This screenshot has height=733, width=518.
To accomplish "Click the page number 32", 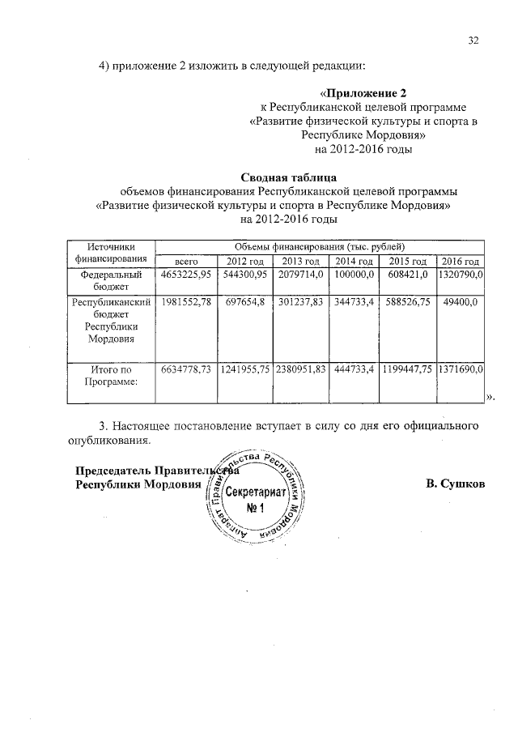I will [473, 40].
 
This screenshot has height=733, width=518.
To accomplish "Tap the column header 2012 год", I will [244, 261].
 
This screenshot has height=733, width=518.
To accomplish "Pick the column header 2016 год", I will [460, 261].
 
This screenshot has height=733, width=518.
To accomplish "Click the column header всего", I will [186, 261].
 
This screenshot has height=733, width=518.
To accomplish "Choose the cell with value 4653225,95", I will [186, 275].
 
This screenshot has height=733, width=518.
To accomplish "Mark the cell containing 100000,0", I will [355, 275].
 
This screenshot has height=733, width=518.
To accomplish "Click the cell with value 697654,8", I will [244, 302].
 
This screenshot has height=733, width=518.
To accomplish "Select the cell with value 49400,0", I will [460, 302].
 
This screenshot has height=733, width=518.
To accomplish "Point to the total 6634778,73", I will [186, 369].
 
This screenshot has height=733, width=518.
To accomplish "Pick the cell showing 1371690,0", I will [460, 369].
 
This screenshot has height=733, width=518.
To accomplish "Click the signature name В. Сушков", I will [455, 484].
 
